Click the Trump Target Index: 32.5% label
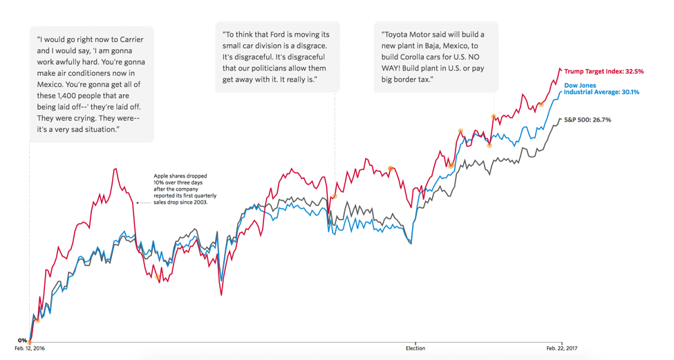point(603,71)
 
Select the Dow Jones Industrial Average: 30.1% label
point(601,88)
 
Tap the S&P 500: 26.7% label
point(587,120)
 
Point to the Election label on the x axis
point(415,349)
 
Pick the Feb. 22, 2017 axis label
point(561,349)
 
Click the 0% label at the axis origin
point(22,340)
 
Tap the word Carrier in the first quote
point(131,39)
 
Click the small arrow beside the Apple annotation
point(138,202)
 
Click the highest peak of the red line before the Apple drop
point(115,169)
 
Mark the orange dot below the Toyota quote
point(493,116)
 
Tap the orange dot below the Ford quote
point(335,196)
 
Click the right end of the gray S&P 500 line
point(560,119)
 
